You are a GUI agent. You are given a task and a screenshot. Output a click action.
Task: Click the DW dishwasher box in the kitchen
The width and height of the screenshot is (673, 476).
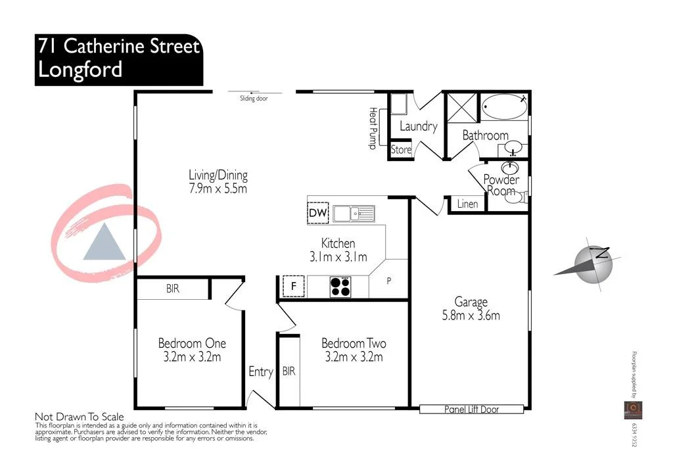click(317, 213)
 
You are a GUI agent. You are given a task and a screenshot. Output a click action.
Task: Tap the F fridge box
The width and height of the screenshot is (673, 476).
click(293, 286)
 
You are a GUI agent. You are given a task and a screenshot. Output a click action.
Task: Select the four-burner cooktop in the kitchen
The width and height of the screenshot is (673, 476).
click(340, 286)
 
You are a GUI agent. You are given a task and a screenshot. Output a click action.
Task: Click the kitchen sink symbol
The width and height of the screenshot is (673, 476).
click(353, 213)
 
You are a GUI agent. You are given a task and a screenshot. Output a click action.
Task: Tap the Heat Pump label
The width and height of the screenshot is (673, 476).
click(373, 128)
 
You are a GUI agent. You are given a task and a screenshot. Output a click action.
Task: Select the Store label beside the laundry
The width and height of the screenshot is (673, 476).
click(401, 150)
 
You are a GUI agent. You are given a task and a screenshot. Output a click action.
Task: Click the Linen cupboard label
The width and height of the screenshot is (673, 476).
click(467, 204)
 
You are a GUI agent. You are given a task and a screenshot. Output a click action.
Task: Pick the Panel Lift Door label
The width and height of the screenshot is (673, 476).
click(471, 410)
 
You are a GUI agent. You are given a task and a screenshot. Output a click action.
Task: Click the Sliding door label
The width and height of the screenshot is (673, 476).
click(254, 99)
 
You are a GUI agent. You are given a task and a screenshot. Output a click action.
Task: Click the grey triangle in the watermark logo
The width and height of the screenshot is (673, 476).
click(104, 241)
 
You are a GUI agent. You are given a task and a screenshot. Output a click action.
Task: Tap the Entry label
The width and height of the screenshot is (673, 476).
click(260, 371)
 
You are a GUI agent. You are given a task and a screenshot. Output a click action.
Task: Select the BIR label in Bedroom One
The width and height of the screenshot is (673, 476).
click(172, 289)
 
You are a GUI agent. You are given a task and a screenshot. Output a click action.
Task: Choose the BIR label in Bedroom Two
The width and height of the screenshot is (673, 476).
click(289, 371)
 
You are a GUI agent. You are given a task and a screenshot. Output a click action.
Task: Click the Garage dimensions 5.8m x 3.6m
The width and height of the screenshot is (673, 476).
click(471, 316)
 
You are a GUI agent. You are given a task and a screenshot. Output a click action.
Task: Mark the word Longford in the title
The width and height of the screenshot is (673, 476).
click(80, 69)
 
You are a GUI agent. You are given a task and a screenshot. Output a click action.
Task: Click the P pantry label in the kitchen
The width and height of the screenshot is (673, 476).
click(388, 281)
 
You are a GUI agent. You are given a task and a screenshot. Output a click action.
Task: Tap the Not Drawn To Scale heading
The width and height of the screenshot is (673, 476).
click(79, 417)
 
